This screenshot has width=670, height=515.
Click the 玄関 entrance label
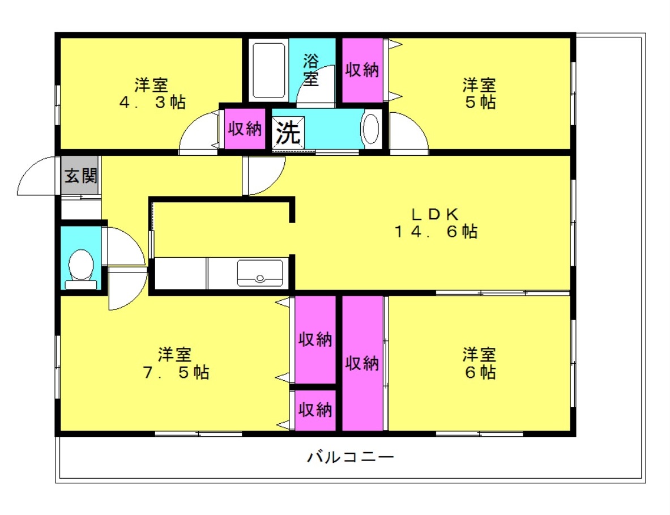pos(80,176)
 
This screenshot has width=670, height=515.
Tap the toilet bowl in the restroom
pos(80,265)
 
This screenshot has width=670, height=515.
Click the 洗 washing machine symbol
pos(288,133)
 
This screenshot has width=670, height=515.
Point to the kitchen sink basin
pos(260,273)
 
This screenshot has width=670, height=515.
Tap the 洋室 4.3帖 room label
pos(151,94)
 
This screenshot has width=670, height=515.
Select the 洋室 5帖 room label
pos(479,94)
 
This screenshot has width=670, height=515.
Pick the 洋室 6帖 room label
pos(479,364)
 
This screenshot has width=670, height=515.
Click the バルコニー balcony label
pos(350,457)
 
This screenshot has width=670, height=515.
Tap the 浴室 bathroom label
pos(310,69)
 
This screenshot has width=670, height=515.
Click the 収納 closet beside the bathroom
pos(362,70)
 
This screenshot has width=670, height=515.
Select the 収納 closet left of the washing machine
pos(245,129)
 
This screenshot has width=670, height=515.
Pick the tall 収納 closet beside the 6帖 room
pos(362,363)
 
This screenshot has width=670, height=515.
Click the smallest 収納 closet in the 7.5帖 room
pos(315,410)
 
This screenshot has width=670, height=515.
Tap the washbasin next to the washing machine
pos(370,130)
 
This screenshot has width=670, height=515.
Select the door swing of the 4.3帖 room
pos(199,135)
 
